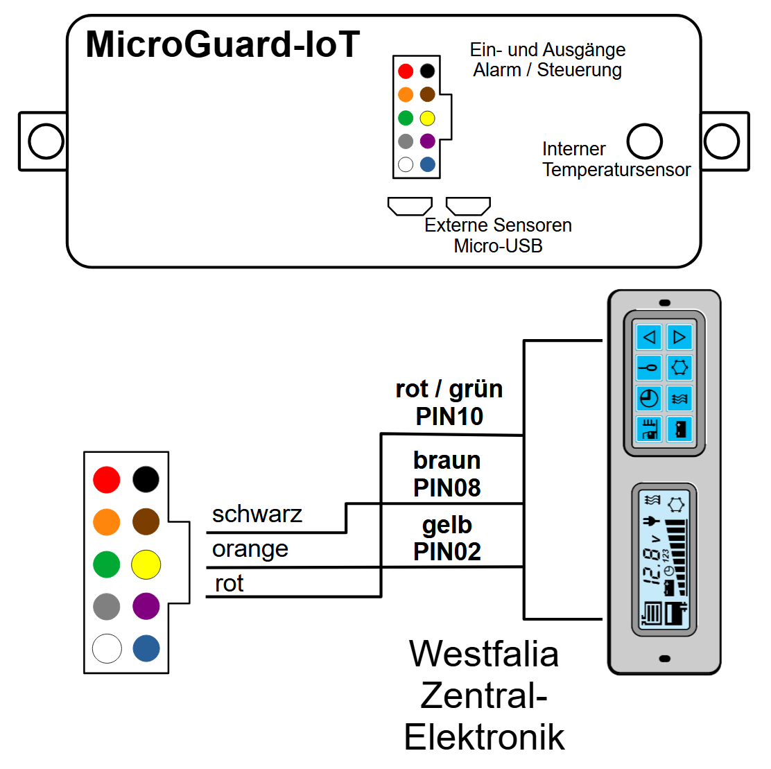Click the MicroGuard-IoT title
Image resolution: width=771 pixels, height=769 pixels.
coord(223,45)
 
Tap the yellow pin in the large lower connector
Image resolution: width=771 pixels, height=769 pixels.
coord(146,564)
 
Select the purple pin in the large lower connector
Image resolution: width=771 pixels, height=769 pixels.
coord(146,606)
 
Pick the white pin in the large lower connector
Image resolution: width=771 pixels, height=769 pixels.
coord(107,649)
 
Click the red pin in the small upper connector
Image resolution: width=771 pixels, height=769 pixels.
coord(406,71)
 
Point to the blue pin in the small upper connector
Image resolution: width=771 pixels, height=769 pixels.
coord(428,164)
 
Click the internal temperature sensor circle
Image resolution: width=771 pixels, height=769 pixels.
coord(644,141)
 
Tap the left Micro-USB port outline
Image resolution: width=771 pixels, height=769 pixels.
coord(410,206)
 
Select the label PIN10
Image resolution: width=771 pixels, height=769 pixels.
coord(449,417)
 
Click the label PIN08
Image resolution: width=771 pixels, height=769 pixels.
coord(447,487)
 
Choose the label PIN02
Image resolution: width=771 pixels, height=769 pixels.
coord(447,552)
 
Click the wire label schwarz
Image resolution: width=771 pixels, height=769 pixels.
coord(257,515)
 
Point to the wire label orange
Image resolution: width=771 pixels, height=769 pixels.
coord(250,549)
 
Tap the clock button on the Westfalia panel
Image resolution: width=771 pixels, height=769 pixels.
coord(649,399)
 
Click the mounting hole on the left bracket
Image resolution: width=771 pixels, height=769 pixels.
coord(46,141)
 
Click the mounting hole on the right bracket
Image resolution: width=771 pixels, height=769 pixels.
coord(722,141)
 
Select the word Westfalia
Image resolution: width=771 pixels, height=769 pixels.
coord(484,654)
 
